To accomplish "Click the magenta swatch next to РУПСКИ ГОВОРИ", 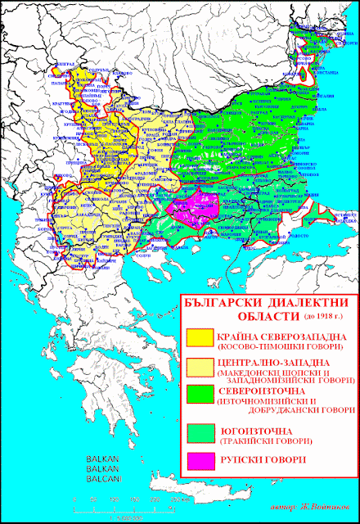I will [x=198, y=459].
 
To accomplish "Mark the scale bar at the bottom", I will [x=127, y=499].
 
